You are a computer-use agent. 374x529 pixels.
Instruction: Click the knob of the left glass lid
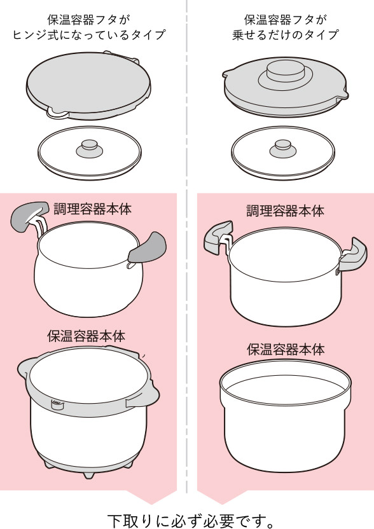(90, 149)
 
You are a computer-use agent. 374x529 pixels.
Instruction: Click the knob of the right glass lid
(283, 149)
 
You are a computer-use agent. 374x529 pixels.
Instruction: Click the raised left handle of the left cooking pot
(29, 216)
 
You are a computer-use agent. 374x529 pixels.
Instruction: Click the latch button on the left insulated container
(57, 404)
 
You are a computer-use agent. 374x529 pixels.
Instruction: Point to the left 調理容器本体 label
(92, 209)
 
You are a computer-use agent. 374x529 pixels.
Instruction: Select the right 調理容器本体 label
(285, 210)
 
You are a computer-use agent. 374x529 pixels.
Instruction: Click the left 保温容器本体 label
(87, 336)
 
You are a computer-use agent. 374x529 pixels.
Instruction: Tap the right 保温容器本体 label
(286, 349)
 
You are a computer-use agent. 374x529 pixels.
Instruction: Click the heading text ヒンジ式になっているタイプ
(89, 35)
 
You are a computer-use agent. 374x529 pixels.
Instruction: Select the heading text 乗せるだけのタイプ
(285, 35)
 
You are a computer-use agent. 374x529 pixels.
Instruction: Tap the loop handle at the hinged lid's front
(57, 113)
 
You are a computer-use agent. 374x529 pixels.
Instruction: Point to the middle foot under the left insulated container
(88, 474)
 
